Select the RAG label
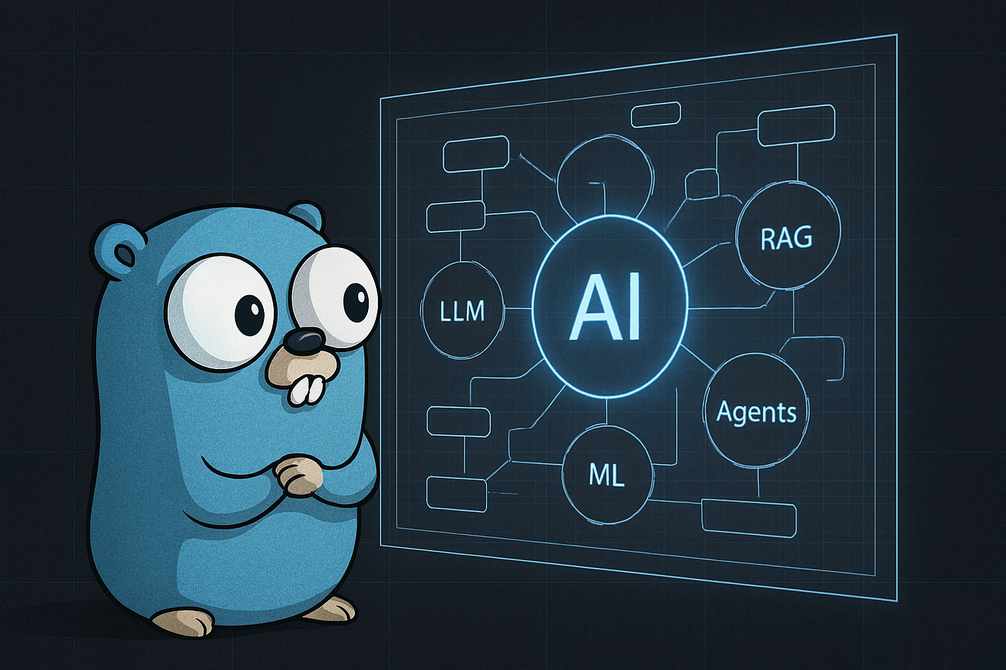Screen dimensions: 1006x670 click(786, 238)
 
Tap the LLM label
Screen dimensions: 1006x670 click(462, 311)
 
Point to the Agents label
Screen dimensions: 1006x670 click(756, 412)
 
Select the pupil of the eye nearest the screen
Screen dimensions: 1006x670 click(356, 302)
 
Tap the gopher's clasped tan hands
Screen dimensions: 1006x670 click(297, 475)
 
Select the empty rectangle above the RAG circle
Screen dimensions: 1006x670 click(796, 125)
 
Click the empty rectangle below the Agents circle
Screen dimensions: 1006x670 click(749, 518)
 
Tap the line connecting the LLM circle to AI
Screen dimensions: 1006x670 click(519, 308)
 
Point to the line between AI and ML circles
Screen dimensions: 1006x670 click(606, 411)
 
